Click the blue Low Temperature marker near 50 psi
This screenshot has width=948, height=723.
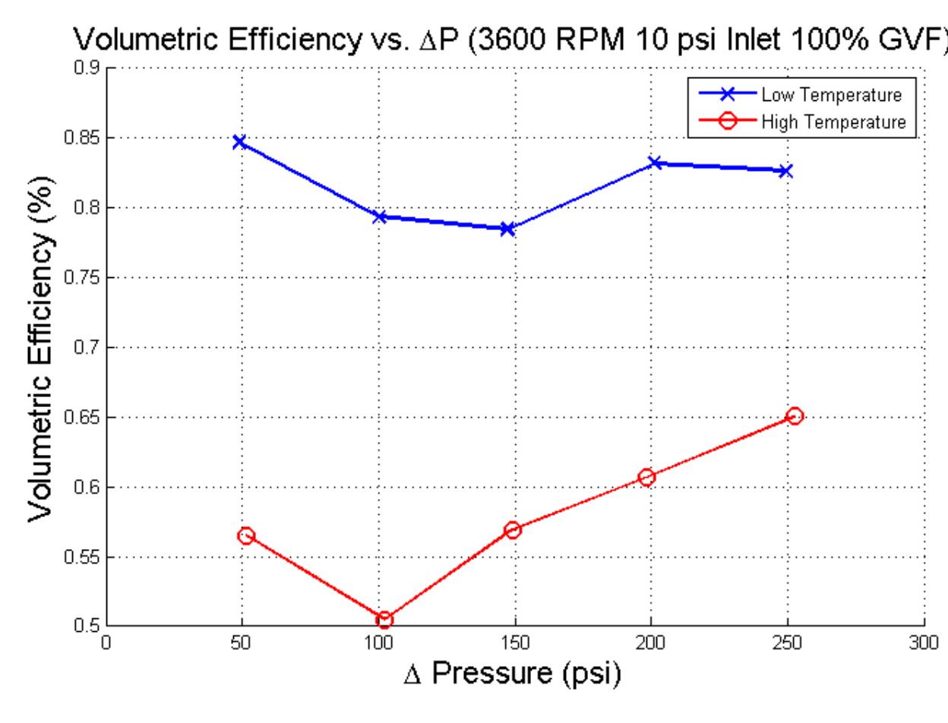click(x=239, y=142)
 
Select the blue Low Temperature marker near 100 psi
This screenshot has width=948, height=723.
click(x=380, y=217)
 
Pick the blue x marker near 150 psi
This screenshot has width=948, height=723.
click(x=507, y=229)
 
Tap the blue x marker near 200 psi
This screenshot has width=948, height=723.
click(x=655, y=163)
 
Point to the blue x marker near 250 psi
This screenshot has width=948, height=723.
click(x=785, y=171)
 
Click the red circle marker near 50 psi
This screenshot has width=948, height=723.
click(x=245, y=535)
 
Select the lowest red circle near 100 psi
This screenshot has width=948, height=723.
click(x=384, y=620)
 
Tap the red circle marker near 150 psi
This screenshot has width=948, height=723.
click(x=512, y=529)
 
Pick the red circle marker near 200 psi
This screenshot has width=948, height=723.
click(x=647, y=477)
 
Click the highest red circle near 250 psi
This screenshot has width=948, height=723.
click(x=795, y=415)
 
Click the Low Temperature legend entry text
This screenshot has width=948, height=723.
click(x=833, y=96)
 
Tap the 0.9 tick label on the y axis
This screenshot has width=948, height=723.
click(x=90, y=68)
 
